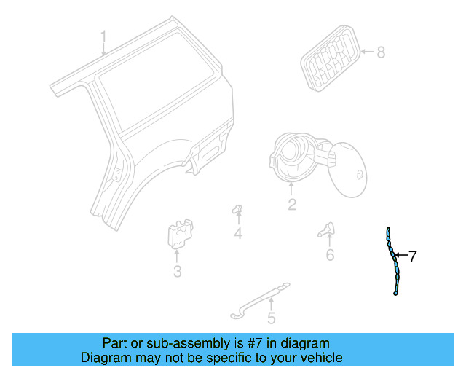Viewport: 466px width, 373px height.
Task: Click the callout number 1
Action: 103,36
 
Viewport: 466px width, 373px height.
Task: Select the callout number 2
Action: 292,205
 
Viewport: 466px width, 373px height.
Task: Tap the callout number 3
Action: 177,272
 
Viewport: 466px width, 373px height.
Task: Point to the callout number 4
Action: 238,233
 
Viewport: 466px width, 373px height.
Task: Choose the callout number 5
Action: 271,318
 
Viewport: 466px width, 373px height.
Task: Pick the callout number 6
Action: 330,255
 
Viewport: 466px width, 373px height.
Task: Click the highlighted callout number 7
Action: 413,256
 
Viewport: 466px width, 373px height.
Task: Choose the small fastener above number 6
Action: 326,231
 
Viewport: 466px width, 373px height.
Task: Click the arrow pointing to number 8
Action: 366,52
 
